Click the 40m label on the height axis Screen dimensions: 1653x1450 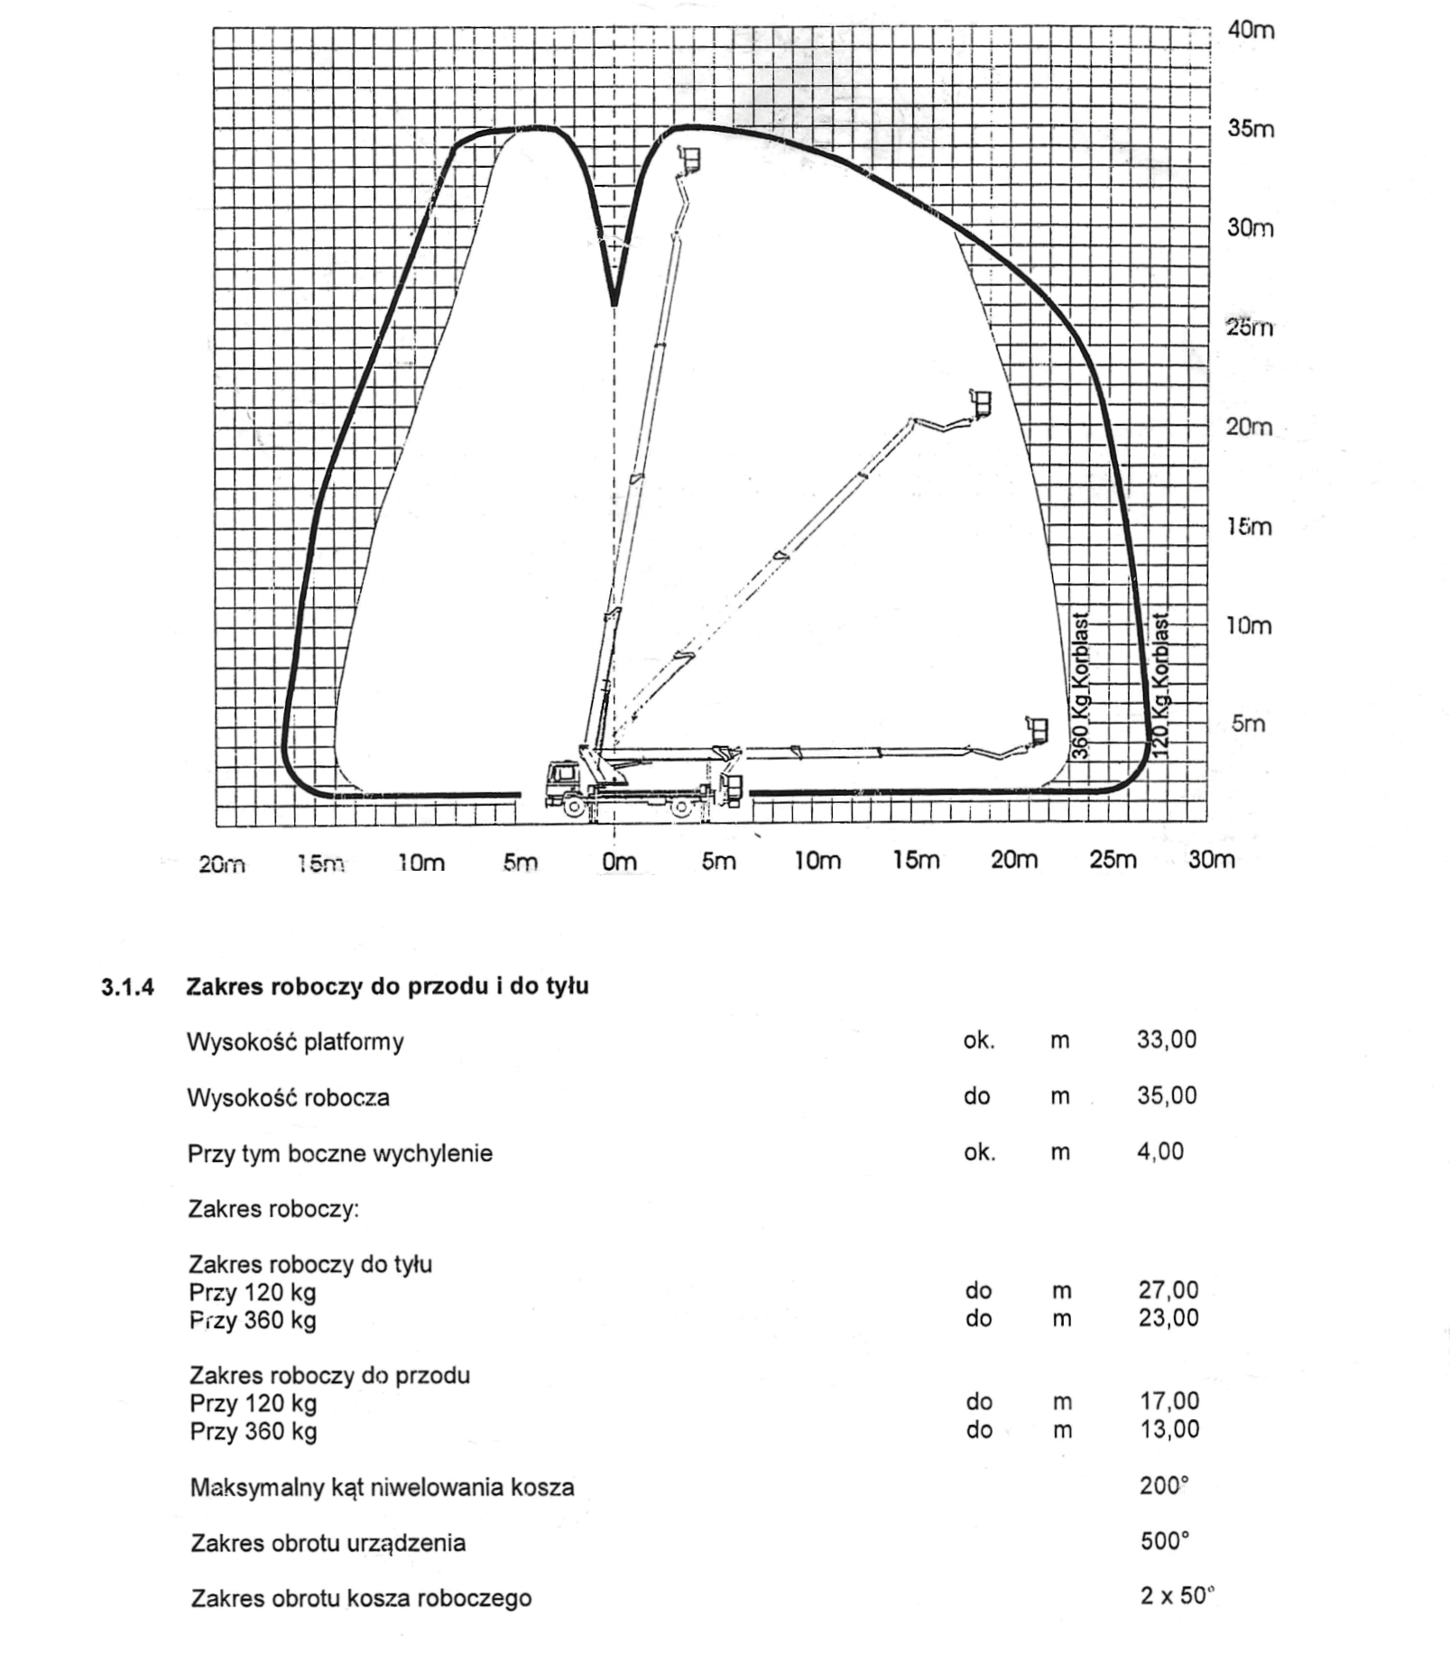[x=1251, y=30]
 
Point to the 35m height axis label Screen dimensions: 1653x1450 [x=1251, y=129]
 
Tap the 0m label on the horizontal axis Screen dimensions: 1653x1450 [x=619, y=862]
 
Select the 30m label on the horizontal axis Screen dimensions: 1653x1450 [x=1211, y=860]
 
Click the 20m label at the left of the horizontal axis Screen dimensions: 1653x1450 [x=222, y=864]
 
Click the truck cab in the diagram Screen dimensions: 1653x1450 [x=562, y=776]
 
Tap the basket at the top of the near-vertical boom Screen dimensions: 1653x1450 [x=692, y=159]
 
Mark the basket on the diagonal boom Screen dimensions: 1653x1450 [x=980, y=402]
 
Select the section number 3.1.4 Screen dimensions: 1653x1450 [x=127, y=986]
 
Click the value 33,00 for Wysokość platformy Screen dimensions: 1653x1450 [x=1166, y=1039]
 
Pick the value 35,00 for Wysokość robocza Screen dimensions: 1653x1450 [x=1166, y=1095]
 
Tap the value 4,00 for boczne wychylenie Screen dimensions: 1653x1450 [x=1160, y=1151]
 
